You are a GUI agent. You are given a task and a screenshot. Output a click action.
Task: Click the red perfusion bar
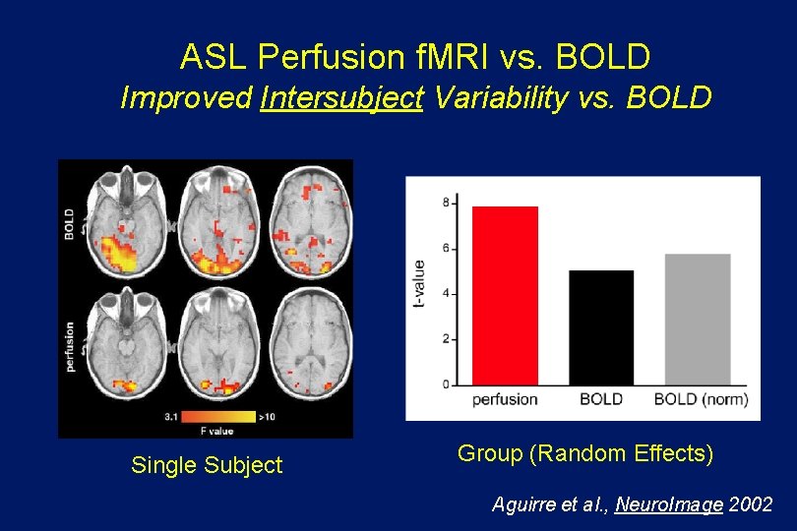(x=505, y=295)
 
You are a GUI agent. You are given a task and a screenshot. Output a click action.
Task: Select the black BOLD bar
(x=601, y=326)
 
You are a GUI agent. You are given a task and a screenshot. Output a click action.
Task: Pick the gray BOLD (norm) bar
(x=698, y=319)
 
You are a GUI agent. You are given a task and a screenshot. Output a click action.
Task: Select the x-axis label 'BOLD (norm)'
(x=701, y=399)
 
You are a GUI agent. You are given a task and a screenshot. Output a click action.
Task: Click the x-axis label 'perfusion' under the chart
(x=505, y=399)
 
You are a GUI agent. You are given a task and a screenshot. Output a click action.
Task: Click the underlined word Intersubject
(x=341, y=98)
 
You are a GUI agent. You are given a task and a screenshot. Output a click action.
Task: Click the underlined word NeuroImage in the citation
(x=669, y=504)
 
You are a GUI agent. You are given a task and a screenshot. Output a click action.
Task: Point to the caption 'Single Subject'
(x=207, y=465)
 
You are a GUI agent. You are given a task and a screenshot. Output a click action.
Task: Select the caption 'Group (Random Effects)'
(x=585, y=453)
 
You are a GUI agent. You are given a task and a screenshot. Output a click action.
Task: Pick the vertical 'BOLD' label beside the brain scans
(x=69, y=223)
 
